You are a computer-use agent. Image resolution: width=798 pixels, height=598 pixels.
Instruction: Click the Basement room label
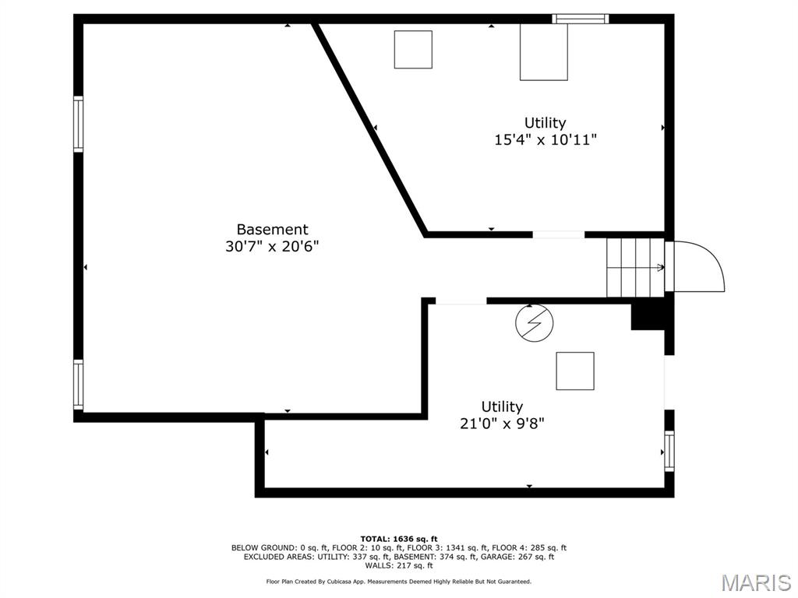(272, 230)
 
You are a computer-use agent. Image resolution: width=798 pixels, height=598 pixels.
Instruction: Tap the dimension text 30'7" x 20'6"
(272, 246)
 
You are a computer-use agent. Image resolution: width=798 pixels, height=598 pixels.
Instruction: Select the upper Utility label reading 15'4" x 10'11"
(545, 123)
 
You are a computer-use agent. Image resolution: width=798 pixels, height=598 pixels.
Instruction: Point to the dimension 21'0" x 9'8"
(501, 424)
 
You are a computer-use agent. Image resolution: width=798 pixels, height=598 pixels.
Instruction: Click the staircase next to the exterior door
(635, 267)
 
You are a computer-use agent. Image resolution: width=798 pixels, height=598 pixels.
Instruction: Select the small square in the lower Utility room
(574, 371)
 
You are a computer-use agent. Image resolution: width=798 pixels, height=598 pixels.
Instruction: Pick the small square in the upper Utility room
(413, 50)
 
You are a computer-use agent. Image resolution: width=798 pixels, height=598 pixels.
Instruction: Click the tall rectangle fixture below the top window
(543, 51)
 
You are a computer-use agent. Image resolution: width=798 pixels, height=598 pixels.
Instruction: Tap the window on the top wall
(580, 19)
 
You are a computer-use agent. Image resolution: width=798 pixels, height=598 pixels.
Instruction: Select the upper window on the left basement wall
(78, 123)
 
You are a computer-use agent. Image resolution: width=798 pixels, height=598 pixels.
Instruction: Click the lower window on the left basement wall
(78, 384)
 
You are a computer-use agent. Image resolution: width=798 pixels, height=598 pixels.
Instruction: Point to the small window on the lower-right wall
(669, 451)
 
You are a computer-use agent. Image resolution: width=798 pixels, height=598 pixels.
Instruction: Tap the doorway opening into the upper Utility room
(558, 234)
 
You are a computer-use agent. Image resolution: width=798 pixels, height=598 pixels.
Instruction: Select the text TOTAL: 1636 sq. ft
(398, 539)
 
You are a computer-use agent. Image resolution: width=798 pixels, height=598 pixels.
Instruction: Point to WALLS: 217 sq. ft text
(398, 565)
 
